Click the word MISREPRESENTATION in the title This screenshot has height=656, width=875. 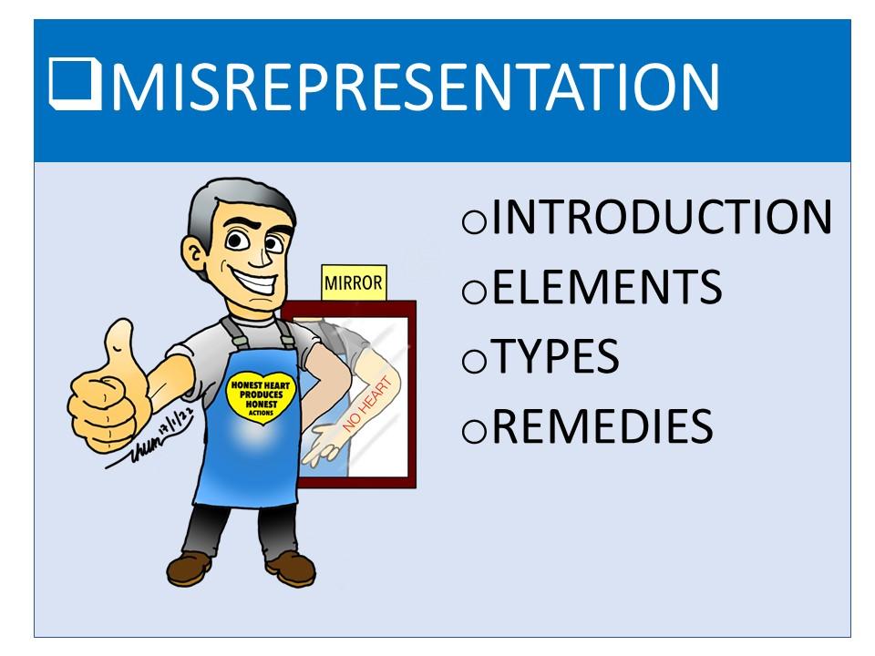click(416, 87)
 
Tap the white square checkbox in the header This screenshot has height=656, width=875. click(75, 84)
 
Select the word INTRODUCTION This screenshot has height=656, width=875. click(662, 217)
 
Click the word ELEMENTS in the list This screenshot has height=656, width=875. click(607, 287)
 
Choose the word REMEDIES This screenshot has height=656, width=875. click(602, 425)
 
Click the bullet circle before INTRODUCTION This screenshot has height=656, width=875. click(474, 221)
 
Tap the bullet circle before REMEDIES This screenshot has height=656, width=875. click(474, 431)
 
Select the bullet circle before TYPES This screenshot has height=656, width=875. click(474, 361)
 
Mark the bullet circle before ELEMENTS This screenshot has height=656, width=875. click(474, 292)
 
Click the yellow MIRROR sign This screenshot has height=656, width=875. click(354, 282)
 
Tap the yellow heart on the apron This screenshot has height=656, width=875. click(261, 396)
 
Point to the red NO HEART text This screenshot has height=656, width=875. click(366, 405)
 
